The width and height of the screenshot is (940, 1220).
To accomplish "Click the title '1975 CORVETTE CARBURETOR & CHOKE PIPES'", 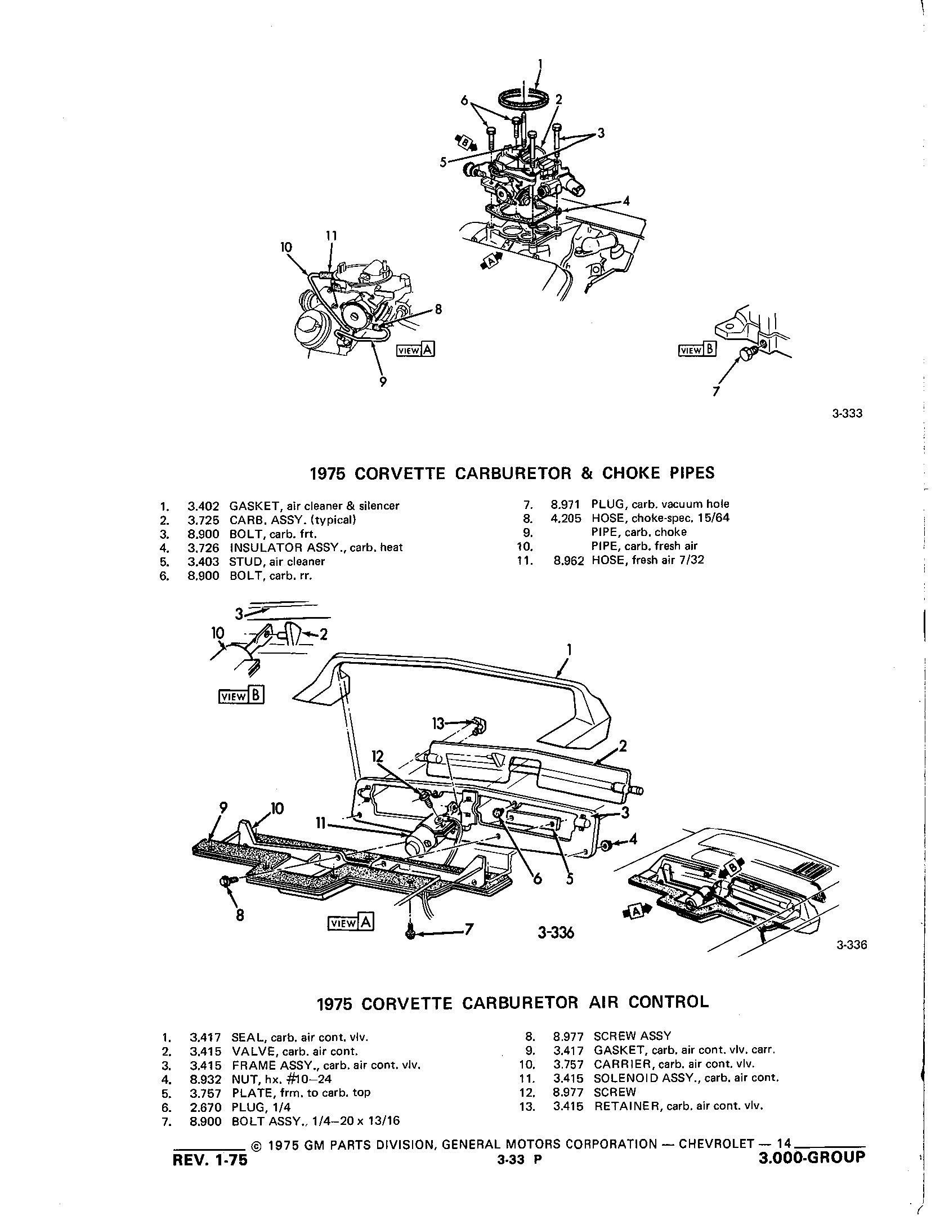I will pyautogui.click(x=512, y=472).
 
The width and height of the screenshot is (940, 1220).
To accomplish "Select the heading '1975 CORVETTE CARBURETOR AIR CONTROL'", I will pyautogui.click(x=512, y=1002).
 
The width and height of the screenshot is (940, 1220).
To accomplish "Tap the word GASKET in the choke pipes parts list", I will pyautogui.click(x=251, y=506).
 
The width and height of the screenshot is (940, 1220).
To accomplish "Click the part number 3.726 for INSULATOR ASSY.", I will pyautogui.click(x=203, y=547).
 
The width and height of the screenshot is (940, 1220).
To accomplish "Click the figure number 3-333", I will pyautogui.click(x=847, y=414).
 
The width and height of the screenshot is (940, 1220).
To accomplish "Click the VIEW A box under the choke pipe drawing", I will pyautogui.click(x=415, y=350).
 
